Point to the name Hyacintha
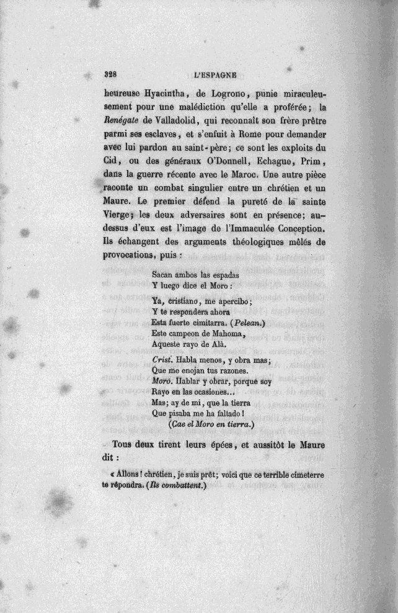[151, 95]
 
